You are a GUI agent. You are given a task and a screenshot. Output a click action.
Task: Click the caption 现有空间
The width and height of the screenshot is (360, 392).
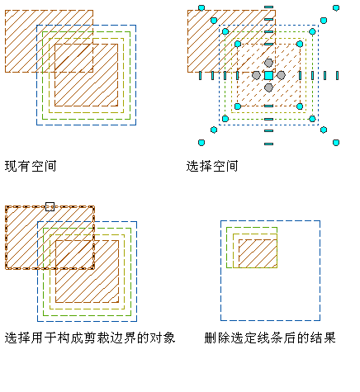tap(31, 166)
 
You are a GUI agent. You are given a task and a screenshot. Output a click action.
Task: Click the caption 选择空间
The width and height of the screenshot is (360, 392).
tap(212, 166)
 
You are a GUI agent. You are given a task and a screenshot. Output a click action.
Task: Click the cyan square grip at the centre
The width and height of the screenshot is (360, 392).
tap(268, 75)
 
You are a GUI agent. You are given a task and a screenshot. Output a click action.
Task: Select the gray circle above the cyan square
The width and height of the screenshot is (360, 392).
tap(268, 63)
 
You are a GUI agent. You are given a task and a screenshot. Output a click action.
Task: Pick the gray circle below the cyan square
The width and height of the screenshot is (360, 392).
tap(268, 87)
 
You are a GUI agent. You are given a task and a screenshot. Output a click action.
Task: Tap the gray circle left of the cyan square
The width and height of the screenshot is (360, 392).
tap(256, 75)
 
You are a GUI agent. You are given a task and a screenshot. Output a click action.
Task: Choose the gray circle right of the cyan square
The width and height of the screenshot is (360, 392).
tap(281, 75)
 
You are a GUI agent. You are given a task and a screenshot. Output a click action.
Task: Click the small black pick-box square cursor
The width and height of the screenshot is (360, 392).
tap(50, 206)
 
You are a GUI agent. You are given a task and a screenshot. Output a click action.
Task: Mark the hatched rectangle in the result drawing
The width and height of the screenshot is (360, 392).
tap(258, 253)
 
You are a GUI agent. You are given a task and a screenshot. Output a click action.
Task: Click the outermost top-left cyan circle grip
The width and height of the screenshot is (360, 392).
tap(201, 7)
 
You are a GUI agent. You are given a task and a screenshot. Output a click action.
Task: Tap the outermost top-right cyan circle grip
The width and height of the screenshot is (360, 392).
tap(336, 7)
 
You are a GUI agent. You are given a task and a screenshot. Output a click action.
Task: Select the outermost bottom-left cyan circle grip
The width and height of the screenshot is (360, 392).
tap(201, 143)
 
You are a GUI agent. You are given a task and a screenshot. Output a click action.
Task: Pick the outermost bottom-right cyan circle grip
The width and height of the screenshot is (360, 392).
tap(336, 143)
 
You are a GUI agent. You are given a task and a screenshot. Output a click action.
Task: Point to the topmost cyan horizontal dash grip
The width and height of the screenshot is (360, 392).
tap(268, 7)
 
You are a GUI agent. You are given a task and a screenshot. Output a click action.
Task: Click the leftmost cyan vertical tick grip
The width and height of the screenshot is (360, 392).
tap(200, 75)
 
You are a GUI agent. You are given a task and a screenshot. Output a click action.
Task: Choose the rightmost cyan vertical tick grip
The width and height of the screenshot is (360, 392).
tap(338, 75)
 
